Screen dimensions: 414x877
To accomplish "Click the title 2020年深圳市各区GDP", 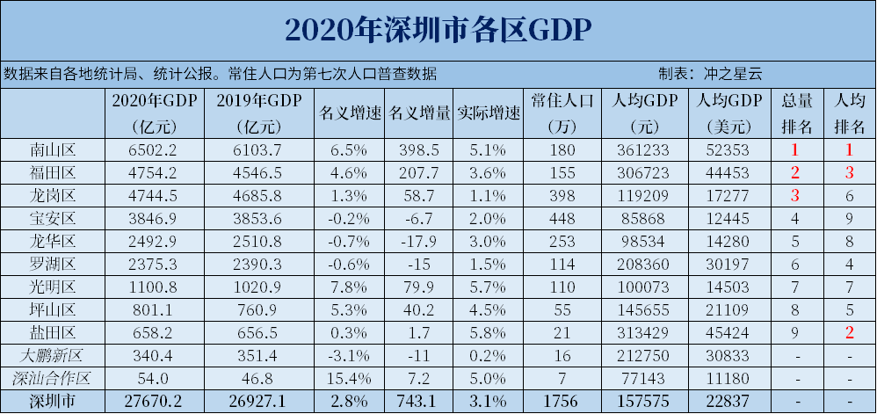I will pyautogui.click(x=438, y=28).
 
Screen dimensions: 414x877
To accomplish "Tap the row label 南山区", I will pyautogui.click(x=54, y=149).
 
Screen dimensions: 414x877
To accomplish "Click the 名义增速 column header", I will pyautogui.click(x=349, y=114).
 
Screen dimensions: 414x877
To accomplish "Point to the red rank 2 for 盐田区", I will pyautogui.click(x=849, y=332).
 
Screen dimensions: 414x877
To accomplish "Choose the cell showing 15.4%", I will pyautogui.click(x=349, y=378).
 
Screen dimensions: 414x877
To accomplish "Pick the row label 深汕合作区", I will pyautogui.click(x=54, y=378).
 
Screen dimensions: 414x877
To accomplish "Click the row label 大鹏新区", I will pyautogui.click(x=54, y=355).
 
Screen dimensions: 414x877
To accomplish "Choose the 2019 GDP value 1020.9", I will pyautogui.click(x=259, y=287).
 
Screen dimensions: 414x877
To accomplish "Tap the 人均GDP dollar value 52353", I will pyautogui.click(x=729, y=149).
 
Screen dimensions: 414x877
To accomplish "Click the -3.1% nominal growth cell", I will pyautogui.click(x=349, y=355).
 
